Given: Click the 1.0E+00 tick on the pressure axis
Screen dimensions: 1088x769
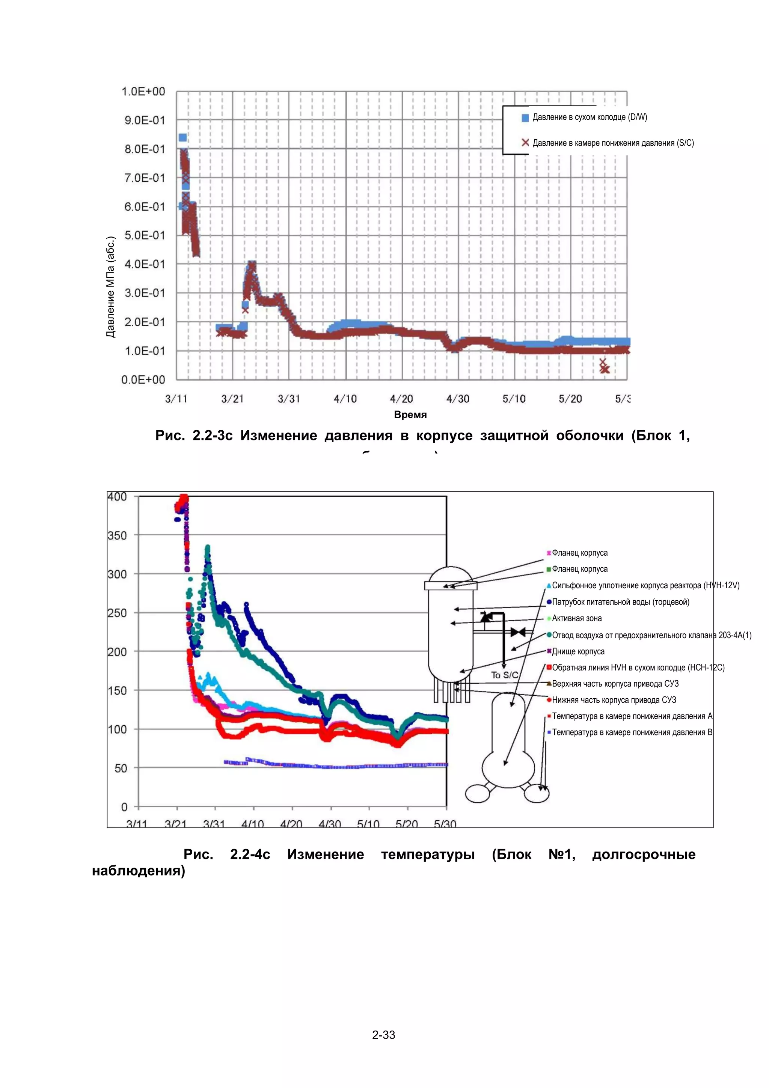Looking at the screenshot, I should (x=143, y=92).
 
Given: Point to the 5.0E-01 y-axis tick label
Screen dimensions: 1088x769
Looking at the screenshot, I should (x=145, y=235).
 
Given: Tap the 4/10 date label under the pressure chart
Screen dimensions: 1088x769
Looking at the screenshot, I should (x=345, y=399).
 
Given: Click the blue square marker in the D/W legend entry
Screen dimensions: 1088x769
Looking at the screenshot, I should (x=525, y=118).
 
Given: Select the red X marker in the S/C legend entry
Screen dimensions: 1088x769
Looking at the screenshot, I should (x=525, y=143).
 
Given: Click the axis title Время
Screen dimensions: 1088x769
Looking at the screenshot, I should (x=410, y=414).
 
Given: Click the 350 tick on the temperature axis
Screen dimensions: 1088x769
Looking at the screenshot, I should (x=117, y=535).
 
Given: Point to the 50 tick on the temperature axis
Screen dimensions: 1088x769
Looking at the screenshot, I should (x=121, y=768).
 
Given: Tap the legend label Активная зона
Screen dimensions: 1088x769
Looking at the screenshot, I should (x=577, y=618).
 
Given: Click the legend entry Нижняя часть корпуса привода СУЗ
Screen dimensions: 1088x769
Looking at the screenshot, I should (x=614, y=700).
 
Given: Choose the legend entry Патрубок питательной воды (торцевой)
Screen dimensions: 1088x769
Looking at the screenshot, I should (x=620, y=602).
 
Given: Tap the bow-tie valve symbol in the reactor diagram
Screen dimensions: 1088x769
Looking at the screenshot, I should (x=518, y=632).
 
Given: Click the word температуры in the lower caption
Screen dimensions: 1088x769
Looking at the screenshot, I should (x=427, y=854).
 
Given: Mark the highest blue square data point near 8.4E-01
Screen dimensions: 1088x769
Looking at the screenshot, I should (x=182, y=137).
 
